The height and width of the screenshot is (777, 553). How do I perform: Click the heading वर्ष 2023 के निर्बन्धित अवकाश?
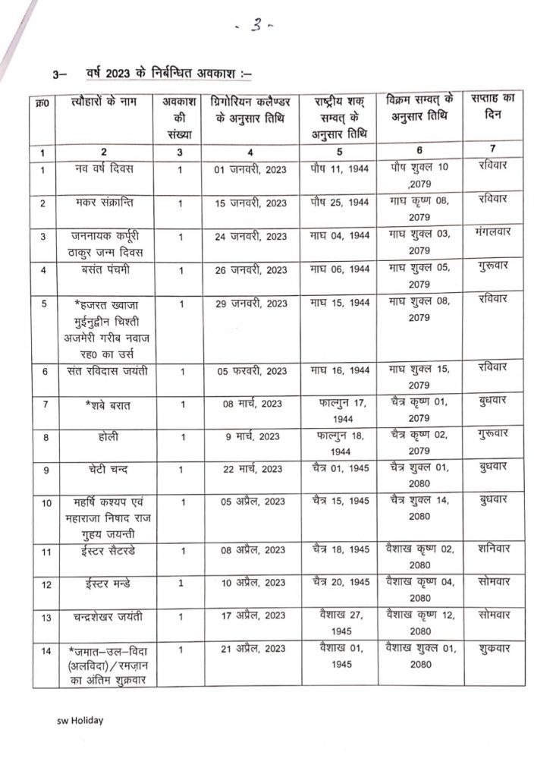(x=161, y=74)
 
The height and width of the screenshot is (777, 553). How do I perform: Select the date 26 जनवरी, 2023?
(x=250, y=270)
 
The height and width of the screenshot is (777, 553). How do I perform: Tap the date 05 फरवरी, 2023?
(x=250, y=371)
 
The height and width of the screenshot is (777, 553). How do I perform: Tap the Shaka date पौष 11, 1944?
(x=340, y=168)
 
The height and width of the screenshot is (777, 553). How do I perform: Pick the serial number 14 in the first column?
(x=46, y=650)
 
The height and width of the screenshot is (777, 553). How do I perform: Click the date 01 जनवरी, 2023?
(x=250, y=169)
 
